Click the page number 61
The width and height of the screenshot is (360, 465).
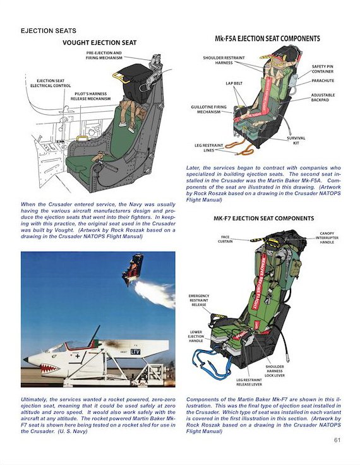337,440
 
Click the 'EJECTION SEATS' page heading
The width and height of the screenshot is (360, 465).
49,30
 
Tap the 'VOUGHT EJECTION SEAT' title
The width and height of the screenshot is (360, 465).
99,43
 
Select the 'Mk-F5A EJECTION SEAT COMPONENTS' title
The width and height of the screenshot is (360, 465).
267,38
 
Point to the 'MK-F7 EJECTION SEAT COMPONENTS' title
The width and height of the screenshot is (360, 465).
263,218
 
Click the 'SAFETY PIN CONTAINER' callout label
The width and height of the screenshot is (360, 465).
322,69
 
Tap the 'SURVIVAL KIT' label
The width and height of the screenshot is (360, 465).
296,141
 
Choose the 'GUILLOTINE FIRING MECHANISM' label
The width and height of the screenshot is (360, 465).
208,109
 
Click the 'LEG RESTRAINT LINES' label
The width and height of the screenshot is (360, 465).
208,148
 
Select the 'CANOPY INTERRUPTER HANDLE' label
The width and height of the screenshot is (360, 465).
327,238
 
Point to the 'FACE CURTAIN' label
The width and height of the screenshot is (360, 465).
225,239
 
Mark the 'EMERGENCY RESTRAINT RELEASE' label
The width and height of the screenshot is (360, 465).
199,300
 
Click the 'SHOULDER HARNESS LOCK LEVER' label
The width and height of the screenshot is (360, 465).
275,371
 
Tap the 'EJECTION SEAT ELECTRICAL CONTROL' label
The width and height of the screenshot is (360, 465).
51,83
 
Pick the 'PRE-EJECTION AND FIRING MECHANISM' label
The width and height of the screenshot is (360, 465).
104,55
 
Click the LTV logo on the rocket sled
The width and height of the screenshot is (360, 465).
135,352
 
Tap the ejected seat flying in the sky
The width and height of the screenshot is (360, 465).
131,269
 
